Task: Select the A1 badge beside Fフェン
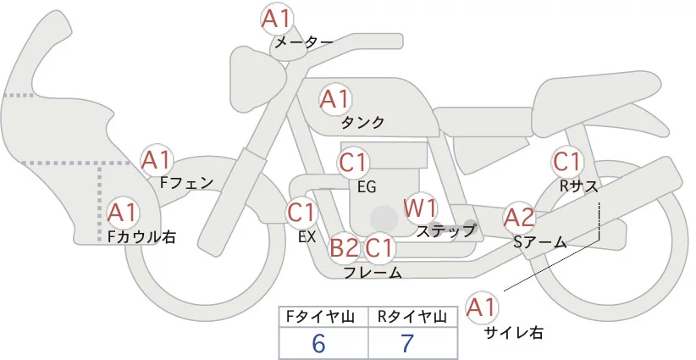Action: (157, 159)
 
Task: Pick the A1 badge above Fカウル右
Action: (124, 212)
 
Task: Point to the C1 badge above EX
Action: (301, 212)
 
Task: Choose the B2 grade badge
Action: (345, 247)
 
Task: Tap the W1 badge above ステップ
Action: (419, 207)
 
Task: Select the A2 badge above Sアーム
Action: (519, 218)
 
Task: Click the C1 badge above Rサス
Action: (566, 161)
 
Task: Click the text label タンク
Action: (362, 123)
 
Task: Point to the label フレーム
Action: (373, 272)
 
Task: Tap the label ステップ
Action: (446, 230)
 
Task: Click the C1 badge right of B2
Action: (381, 247)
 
